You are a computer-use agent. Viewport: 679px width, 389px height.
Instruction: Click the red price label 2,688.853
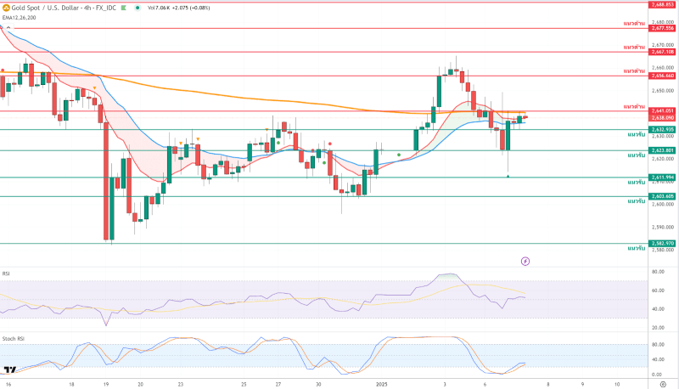[x=662, y=4]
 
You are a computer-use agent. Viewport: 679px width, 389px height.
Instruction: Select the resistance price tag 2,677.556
[x=662, y=28]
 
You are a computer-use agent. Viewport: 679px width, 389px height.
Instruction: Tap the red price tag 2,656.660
[x=662, y=76]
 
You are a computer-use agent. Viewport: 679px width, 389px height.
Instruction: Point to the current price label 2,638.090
[x=662, y=117]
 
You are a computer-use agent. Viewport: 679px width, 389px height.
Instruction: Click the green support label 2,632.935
[x=662, y=129]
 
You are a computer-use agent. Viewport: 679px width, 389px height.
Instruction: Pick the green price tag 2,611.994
[x=662, y=177]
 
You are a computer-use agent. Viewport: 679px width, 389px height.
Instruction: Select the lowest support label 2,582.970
[x=662, y=243]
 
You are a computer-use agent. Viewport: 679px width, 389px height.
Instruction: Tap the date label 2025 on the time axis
[x=381, y=384]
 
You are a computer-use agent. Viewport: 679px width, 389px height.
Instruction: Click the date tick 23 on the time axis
[x=180, y=384]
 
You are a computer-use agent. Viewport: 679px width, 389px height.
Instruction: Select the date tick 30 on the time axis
[x=318, y=384]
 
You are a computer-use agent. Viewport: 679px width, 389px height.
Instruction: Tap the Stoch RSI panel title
[x=14, y=338]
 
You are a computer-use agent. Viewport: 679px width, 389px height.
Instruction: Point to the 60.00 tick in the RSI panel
[x=657, y=290]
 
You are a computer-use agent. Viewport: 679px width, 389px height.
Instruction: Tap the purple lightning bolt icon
[x=525, y=261]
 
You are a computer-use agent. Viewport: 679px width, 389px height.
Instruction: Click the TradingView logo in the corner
[x=11, y=370]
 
